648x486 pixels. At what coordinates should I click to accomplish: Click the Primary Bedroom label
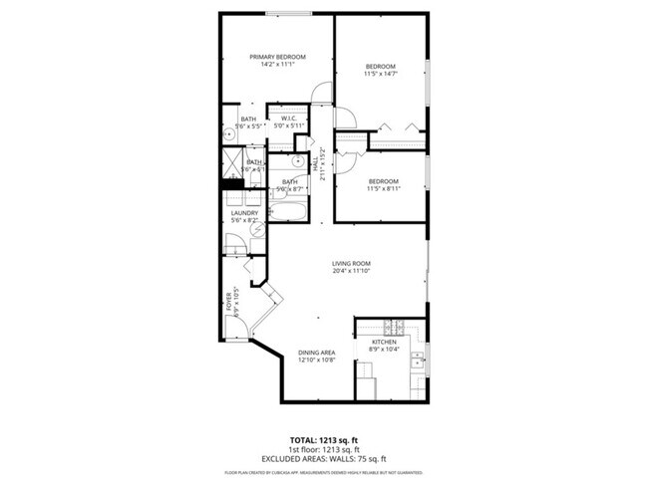pyautogui.click(x=276, y=58)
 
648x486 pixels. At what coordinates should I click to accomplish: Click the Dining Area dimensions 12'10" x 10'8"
pyautogui.click(x=316, y=361)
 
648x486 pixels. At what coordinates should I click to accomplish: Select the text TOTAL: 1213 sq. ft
pyautogui.click(x=323, y=438)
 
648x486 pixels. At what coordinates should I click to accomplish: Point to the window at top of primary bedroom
pyautogui.click(x=288, y=13)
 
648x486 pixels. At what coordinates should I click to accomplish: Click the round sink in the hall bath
pyautogui.click(x=299, y=160)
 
